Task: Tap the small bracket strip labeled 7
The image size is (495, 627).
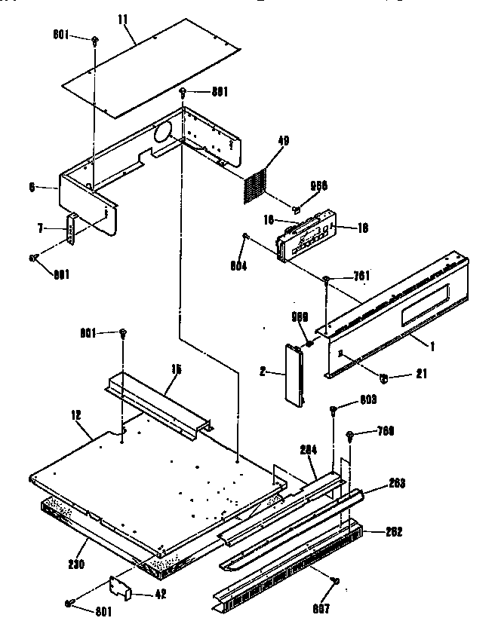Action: click(x=72, y=230)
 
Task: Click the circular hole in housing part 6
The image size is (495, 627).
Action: click(x=161, y=133)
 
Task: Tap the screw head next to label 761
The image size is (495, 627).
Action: click(x=325, y=281)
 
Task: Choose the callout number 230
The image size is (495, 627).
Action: click(x=77, y=563)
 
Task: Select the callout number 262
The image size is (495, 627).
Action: click(x=393, y=531)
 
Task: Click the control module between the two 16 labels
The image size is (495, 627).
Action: click(x=304, y=237)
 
